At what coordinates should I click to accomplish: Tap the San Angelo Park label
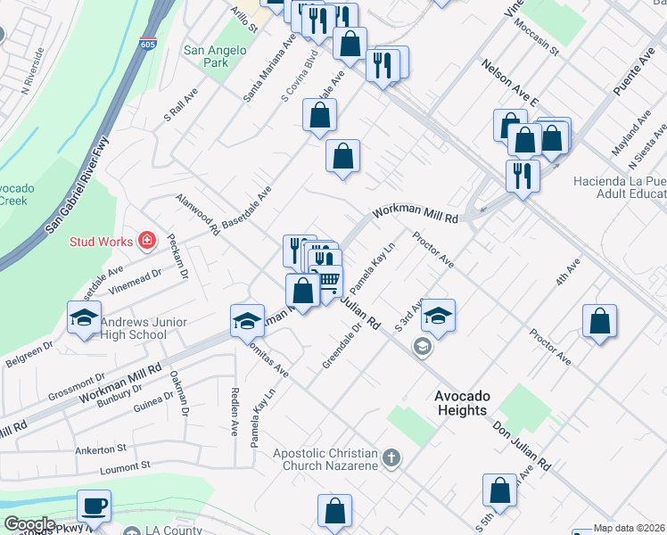(x=206, y=57)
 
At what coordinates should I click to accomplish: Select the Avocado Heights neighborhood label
(x=461, y=403)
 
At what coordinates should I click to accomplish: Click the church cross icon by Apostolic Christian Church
(x=391, y=459)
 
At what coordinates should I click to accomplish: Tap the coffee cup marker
(x=94, y=506)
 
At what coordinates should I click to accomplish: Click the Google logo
(x=29, y=523)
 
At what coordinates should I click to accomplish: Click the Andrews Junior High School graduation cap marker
(x=85, y=318)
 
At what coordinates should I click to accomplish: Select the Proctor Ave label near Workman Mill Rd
(x=433, y=251)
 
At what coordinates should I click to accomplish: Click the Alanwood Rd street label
(x=197, y=214)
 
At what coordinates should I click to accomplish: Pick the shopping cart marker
(x=328, y=282)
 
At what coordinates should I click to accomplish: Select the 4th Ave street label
(x=567, y=272)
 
